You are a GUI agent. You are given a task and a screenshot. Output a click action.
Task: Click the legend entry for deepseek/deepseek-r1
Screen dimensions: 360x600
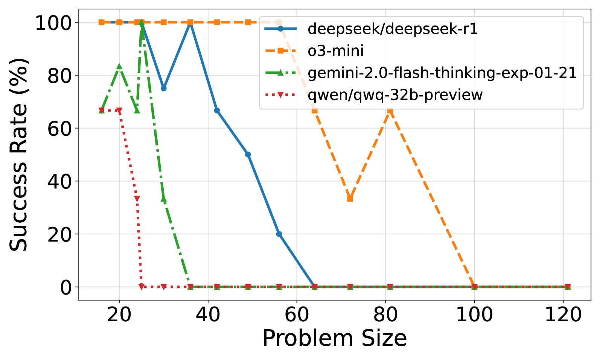click(393, 29)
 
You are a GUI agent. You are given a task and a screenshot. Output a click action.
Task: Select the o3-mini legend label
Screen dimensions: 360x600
click(335, 51)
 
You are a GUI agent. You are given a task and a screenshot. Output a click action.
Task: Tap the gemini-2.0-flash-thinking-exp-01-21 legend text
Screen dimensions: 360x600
click(442, 73)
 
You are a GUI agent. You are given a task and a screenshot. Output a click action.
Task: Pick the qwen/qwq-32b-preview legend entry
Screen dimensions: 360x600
click(395, 95)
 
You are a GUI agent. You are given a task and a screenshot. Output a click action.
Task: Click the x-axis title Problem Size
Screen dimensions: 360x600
click(334, 338)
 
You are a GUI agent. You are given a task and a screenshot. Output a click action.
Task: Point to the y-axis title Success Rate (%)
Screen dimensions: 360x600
click(19, 154)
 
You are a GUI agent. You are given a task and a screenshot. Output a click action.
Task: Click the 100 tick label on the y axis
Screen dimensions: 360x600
click(53, 23)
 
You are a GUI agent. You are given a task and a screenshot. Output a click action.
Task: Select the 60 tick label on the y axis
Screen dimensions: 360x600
click(59, 129)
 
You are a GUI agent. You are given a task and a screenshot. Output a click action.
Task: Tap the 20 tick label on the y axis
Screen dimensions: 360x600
click(59, 234)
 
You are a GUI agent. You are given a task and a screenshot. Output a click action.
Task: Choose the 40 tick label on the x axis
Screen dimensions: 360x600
click(208, 314)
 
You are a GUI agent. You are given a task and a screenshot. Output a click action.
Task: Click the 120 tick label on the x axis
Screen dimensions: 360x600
click(563, 314)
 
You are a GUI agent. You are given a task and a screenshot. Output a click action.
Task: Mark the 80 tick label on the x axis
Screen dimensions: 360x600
click(385, 314)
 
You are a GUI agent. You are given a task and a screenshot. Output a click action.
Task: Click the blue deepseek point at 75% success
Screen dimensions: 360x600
click(163, 88)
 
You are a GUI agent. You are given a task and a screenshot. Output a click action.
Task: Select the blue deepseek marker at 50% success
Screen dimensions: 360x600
click(248, 155)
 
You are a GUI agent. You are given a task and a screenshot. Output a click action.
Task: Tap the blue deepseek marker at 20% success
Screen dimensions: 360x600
click(279, 234)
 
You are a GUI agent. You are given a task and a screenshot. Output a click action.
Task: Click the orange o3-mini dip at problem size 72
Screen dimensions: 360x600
click(350, 199)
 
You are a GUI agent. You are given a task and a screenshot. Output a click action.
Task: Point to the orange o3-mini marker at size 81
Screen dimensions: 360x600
click(390, 111)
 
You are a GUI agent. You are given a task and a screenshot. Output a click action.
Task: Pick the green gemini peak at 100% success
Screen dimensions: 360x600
click(142, 23)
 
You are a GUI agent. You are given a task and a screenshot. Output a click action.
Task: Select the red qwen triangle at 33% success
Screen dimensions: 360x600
click(137, 199)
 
